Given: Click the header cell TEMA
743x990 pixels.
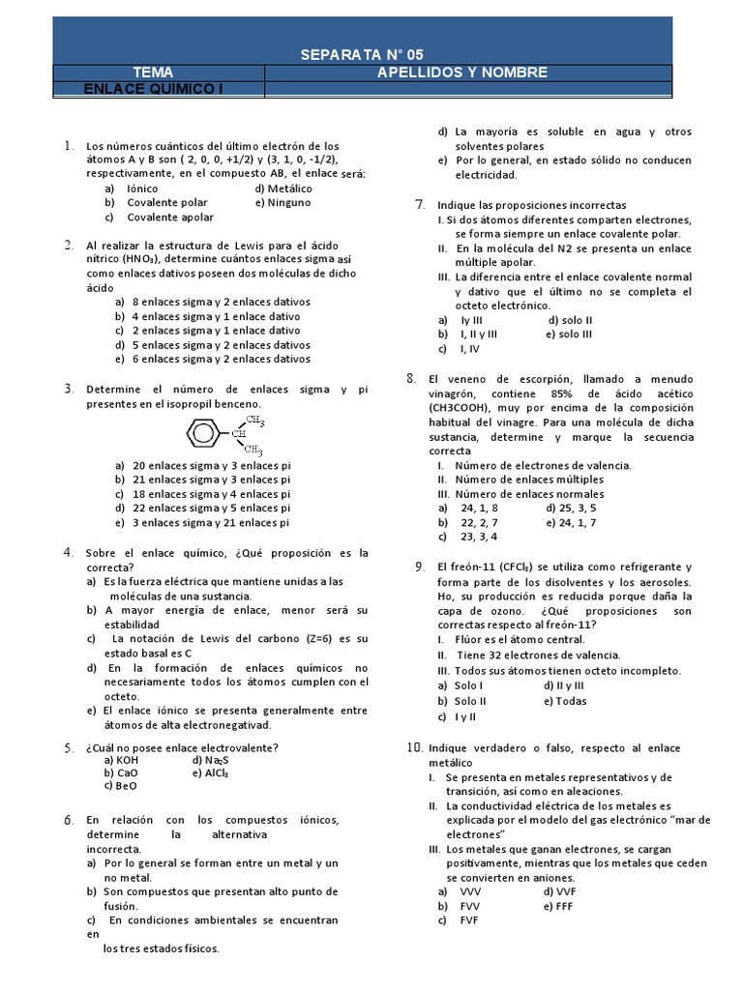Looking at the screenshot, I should coord(155,73).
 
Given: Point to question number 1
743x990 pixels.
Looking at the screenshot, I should coord(69,146).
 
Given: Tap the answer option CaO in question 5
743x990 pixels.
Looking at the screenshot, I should coord(127,772).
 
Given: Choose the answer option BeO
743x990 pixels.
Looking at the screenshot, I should coord(126,786).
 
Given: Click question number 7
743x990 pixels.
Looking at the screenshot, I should coord(419,204).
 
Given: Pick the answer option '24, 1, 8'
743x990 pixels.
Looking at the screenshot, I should coord(479,508).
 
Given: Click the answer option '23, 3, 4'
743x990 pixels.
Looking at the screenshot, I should coord(479,537).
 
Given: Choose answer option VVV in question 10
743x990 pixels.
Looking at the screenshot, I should coord(470,890).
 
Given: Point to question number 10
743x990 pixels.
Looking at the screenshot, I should coord(414,747).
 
